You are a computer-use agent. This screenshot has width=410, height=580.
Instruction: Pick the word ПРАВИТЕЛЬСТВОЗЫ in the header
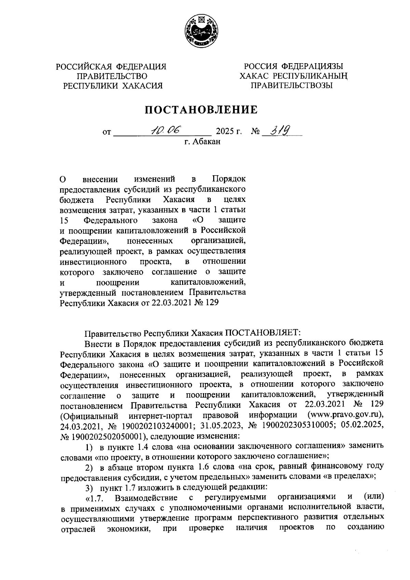point(291,85)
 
